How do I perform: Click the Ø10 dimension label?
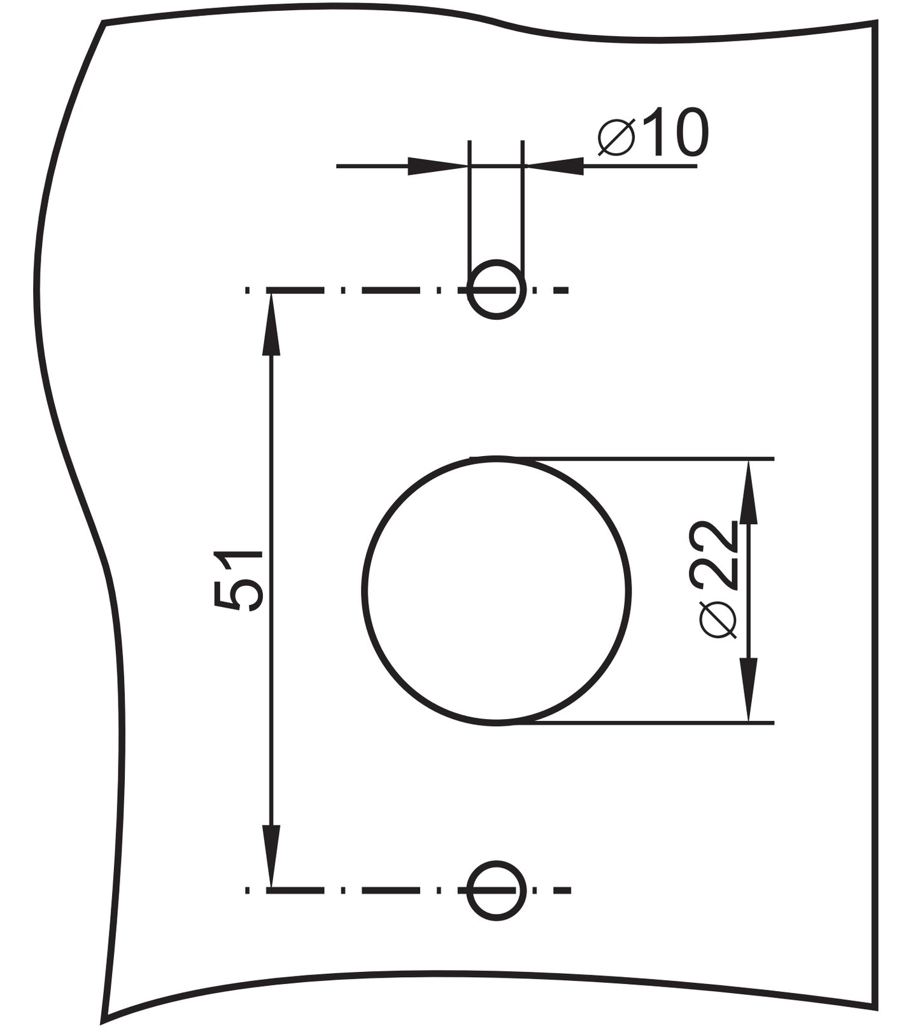click(653, 132)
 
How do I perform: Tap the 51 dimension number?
click(237, 580)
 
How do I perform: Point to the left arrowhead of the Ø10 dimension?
click(437, 166)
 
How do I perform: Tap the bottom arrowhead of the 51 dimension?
click(271, 856)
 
